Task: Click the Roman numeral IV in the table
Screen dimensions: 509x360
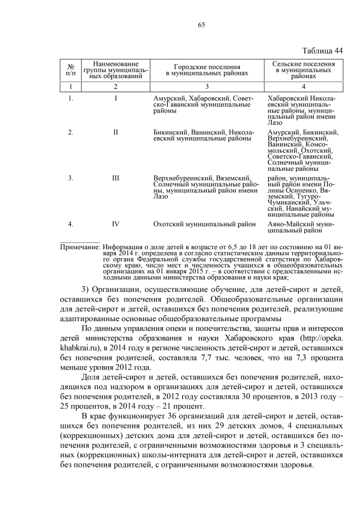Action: (x=115, y=224)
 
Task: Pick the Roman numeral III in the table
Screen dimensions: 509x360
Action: (x=115, y=178)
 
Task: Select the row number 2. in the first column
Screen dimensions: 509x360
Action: (x=70, y=132)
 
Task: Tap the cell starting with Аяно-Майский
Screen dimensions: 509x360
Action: (x=301, y=227)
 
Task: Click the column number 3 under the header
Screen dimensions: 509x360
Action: (x=206, y=87)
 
